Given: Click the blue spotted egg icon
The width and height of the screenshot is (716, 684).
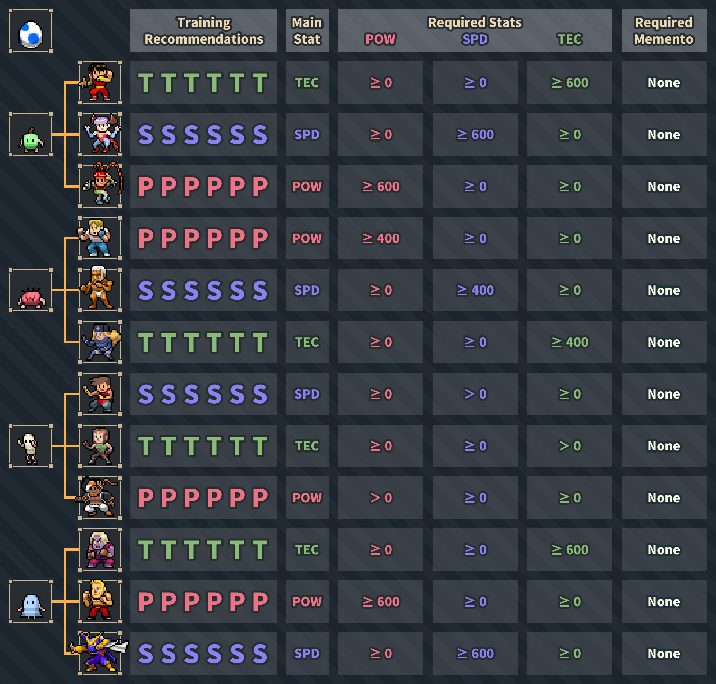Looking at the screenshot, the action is tap(31, 35).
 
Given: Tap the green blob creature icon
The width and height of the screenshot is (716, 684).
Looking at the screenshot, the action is tap(31, 140).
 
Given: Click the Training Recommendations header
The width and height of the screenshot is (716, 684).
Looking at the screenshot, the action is tap(203, 31).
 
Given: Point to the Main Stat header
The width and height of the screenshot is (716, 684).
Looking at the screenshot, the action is tap(307, 31).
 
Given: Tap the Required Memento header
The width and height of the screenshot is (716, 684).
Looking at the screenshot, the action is tap(663, 31).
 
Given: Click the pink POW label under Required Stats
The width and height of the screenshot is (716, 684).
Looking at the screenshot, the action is tap(380, 39).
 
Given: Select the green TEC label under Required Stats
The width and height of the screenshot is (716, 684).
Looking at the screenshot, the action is tap(570, 39).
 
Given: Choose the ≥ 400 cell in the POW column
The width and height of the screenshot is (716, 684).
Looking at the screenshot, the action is tap(380, 238).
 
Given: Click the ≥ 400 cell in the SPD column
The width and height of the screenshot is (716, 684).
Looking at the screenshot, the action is tap(475, 290).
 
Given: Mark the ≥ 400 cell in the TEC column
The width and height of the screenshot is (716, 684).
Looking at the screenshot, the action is tap(569, 342).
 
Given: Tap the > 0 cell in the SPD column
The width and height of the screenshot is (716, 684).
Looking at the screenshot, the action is tap(475, 394).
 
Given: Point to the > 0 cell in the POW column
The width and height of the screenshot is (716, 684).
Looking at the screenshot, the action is tap(380, 498).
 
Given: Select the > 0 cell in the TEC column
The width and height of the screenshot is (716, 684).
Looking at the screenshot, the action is tap(569, 446).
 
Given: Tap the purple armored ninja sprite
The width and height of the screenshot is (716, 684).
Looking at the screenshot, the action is tap(99, 653).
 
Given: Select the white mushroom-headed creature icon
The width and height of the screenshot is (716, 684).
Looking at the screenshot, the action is tap(29, 448).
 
